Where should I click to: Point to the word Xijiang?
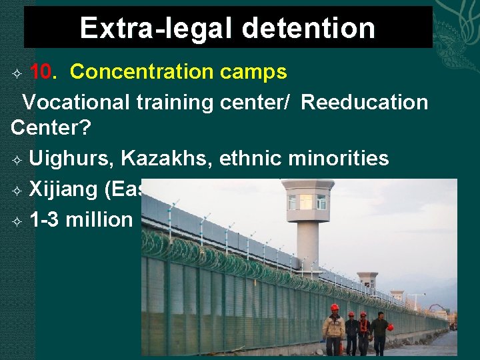(63, 189)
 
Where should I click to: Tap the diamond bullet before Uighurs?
(17, 159)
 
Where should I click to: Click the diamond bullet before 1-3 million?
(17, 221)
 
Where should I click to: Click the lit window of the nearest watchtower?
(305, 201)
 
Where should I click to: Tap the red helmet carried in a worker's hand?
(391, 327)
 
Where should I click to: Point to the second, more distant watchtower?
(367, 280)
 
